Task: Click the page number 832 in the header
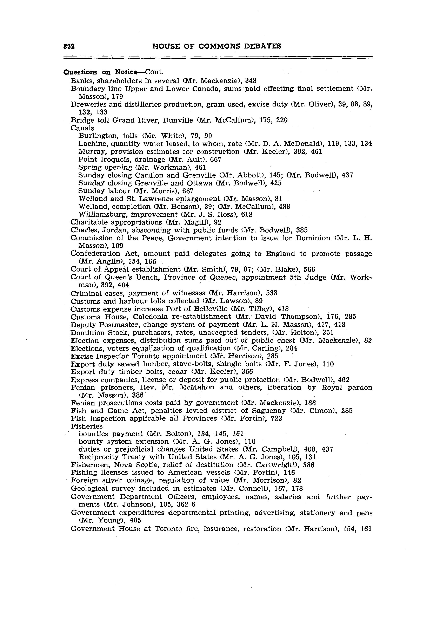point(69,46)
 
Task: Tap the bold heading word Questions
point(80,72)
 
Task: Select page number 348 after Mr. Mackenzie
point(251,81)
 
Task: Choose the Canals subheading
point(82,128)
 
